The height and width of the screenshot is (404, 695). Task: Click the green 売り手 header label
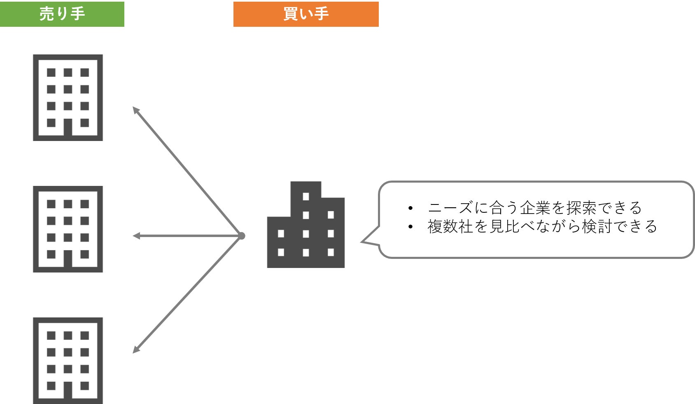tap(62, 14)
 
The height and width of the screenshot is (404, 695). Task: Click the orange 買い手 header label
tap(306, 14)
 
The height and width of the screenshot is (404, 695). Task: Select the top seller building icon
tap(68, 98)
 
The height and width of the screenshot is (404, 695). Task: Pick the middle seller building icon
tap(68, 229)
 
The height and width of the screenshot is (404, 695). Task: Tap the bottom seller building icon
tap(68, 360)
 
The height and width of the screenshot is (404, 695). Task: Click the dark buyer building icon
tap(306, 225)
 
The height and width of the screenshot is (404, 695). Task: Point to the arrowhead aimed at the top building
tap(135, 110)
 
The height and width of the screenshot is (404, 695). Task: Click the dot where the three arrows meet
tap(242, 236)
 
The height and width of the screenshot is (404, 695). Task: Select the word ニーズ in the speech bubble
tap(450, 208)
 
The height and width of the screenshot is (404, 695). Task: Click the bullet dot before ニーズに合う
tap(410, 208)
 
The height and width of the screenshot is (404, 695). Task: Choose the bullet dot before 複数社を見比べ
tap(410, 227)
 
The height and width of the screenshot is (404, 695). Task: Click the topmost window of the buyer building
tap(306, 197)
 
